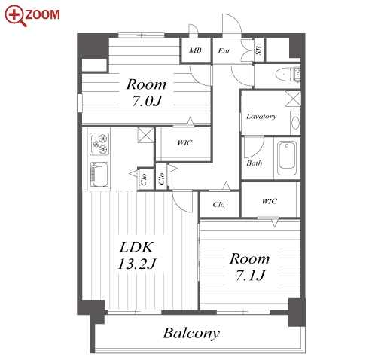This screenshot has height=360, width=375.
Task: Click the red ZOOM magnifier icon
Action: point(15,15)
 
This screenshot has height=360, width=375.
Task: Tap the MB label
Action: point(195,50)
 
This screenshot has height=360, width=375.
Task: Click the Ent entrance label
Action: point(224,51)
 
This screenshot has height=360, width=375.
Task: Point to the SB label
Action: point(258,50)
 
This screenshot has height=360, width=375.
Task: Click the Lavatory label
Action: point(261,116)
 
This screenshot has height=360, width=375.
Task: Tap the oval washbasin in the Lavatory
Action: point(295,123)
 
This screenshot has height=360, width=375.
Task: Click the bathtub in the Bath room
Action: point(287,158)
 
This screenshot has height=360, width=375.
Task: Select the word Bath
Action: point(254,163)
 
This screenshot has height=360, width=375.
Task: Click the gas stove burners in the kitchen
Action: point(99,144)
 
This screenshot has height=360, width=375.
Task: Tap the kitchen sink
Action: point(99,175)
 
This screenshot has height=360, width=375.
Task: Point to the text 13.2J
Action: point(137,264)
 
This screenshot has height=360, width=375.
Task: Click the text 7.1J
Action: point(250,275)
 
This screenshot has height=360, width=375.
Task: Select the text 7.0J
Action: point(147,101)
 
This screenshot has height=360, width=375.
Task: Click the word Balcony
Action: point(191,334)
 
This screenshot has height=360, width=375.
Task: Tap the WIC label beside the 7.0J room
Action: point(185,143)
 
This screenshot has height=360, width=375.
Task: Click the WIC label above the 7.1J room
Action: point(270,201)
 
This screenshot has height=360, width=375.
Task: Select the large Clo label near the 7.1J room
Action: point(218,204)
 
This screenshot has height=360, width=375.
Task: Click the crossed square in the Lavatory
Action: point(293,99)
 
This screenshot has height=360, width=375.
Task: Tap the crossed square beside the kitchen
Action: point(145,135)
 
